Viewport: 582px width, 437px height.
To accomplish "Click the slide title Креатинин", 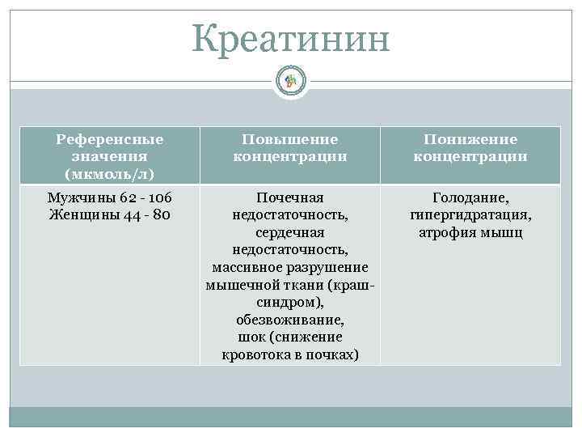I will pos(291,39).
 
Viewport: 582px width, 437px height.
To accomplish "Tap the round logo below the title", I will pos(291,80).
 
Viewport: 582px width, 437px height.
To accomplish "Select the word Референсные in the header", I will pos(109,139).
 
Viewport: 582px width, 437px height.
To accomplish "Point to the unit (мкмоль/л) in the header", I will pos(109,173).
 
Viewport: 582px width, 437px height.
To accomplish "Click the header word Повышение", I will pos(290,139).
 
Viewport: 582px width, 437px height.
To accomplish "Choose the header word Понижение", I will pos(470,139).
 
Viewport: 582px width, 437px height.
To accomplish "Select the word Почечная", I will pos(290,197).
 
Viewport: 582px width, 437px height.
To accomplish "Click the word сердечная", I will pos(290,232).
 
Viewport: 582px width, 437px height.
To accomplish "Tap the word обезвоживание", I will pos(289,320).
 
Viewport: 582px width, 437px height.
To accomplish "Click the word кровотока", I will pos(256,354).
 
